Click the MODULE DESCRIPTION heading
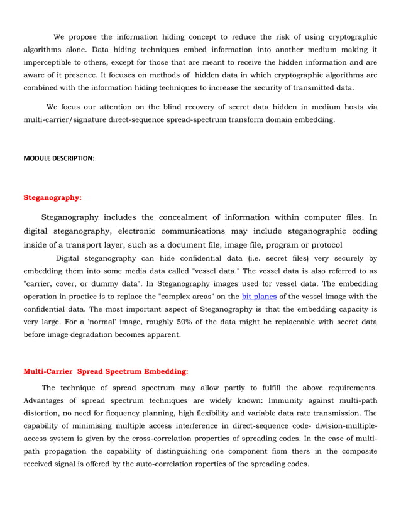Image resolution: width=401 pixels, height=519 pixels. [x=58, y=158]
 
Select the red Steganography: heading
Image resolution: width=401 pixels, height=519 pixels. [x=52, y=197]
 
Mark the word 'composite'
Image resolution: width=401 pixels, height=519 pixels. [x=355, y=451]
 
